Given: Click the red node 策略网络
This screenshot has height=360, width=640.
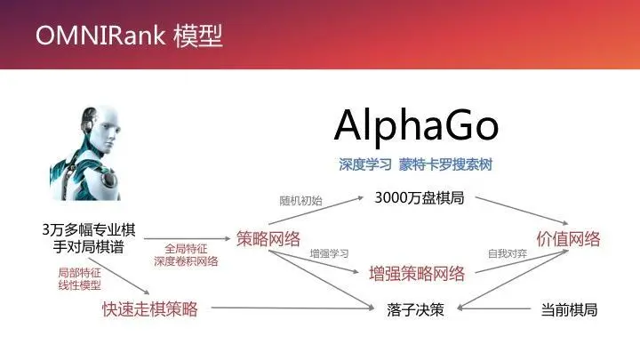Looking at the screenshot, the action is click(x=268, y=237).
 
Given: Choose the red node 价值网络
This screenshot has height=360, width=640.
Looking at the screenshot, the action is click(x=568, y=238).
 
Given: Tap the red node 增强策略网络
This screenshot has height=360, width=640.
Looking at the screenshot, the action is click(x=417, y=273).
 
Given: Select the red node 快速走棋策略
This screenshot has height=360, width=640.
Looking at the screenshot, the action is click(x=149, y=309).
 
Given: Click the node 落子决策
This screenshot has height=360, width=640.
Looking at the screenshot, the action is click(x=415, y=310).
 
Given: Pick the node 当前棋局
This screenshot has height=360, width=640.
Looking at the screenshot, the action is click(x=569, y=310).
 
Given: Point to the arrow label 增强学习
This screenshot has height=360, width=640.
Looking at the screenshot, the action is click(x=330, y=253).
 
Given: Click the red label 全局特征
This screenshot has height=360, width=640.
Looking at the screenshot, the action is click(x=187, y=249).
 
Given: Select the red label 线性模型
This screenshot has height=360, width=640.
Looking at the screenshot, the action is click(x=79, y=285).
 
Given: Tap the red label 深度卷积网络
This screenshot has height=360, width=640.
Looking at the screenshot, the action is click(x=187, y=261).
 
